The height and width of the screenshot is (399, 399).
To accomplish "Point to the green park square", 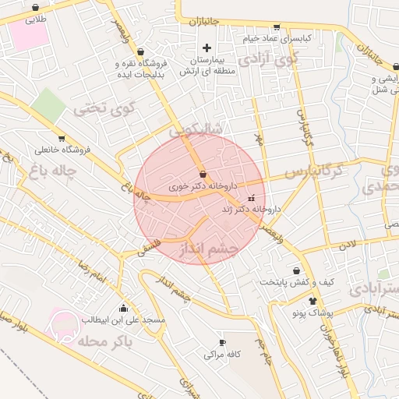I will [49, 104].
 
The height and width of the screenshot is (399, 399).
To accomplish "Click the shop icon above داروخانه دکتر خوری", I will [203, 174].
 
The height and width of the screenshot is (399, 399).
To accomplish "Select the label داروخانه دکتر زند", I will [251, 209].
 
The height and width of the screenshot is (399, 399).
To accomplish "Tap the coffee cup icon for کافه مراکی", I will [222, 342].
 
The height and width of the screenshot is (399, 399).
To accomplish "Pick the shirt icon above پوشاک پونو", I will [312, 301].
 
